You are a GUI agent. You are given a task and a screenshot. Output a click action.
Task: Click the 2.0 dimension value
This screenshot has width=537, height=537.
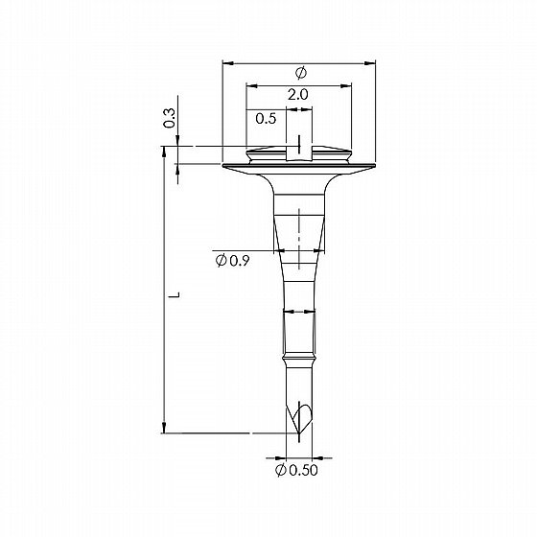297,95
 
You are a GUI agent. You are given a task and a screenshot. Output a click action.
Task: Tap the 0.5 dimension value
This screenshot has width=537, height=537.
266,119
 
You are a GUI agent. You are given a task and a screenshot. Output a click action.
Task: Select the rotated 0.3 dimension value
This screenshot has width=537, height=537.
169,118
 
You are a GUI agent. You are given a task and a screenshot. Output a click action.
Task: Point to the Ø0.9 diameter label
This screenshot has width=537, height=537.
232,261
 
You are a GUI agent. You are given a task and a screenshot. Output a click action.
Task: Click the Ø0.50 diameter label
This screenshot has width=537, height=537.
296,470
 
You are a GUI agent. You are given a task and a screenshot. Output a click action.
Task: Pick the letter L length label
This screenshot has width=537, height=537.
175,294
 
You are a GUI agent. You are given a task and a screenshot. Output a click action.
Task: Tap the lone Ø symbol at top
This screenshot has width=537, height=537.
301,73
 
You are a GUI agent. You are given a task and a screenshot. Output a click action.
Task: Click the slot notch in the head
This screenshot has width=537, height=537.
299,153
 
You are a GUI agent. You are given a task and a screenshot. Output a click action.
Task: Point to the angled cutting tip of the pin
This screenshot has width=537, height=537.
299,420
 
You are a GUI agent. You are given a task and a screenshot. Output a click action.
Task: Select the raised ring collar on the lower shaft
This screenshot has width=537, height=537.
299,361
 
